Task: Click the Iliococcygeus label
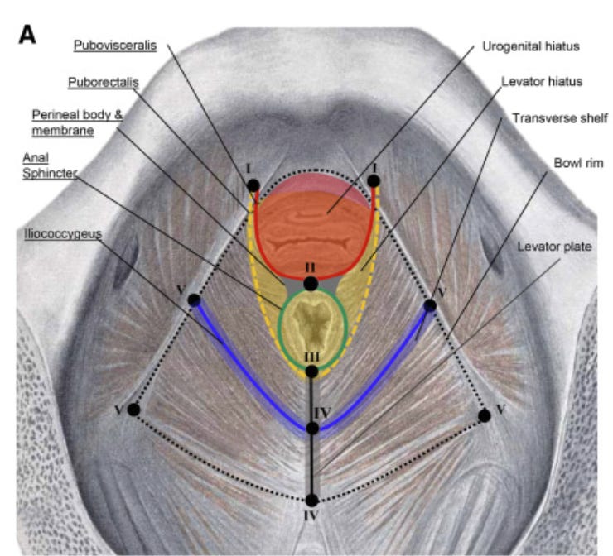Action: (x=64, y=234)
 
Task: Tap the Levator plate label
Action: (x=554, y=246)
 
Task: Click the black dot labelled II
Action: (x=311, y=284)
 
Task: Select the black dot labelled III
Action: (x=311, y=371)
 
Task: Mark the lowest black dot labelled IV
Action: (x=311, y=500)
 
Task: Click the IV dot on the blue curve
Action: (x=311, y=428)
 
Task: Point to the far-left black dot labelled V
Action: (x=133, y=409)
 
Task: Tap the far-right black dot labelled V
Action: (x=485, y=416)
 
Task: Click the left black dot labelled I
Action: (x=253, y=186)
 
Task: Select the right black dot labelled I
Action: (x=374, y=180)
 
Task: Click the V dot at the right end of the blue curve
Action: (x=430, y=305)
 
